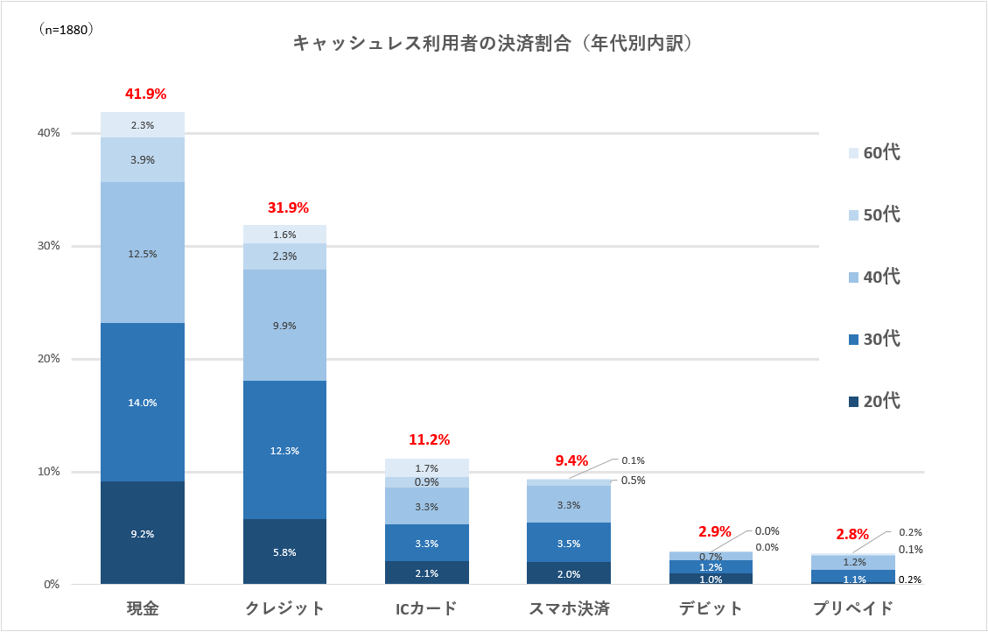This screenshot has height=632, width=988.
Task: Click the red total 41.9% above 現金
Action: point(145,94)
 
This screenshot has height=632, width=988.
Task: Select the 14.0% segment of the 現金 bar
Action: point(143,403)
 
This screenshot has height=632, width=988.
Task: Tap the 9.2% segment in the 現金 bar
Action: point(143,533)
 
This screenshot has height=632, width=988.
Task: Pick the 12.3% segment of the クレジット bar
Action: point(284,451)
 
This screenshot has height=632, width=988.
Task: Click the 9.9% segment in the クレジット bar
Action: point(284,326)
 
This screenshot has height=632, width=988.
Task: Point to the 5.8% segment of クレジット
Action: point(284,552)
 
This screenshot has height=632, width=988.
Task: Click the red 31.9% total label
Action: point(288,208)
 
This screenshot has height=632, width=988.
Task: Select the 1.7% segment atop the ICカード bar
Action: point(426,468)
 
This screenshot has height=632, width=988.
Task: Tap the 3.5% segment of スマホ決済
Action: point(568,543)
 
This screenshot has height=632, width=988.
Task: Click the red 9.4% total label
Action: point(572,460)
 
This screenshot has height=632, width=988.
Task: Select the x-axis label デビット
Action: point(710,608)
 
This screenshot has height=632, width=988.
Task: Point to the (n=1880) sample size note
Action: point(67,29)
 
